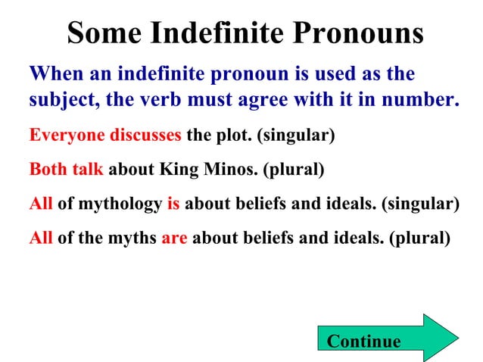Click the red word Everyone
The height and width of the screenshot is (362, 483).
[66, 136]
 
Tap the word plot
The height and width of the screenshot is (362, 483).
[232, 136]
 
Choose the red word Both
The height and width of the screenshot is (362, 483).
[48, 170]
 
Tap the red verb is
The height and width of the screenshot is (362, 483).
[173, 204]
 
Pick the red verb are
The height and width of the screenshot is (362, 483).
[173, 238]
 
